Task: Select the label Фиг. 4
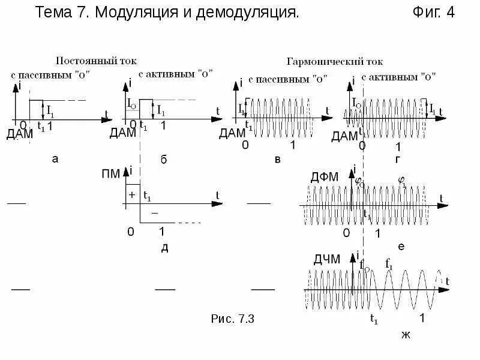[434, 13]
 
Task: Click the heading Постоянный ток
[96, 61]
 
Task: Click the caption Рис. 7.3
[234, 319]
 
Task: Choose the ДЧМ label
[326, 259]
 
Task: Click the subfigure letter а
[55, 158]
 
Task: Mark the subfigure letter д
[164, 248]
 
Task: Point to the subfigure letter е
[401, 247]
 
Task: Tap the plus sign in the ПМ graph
[131, 195]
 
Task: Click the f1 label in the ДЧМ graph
[389, 263]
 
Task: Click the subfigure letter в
[277, 158]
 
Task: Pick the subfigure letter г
[398, 158]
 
